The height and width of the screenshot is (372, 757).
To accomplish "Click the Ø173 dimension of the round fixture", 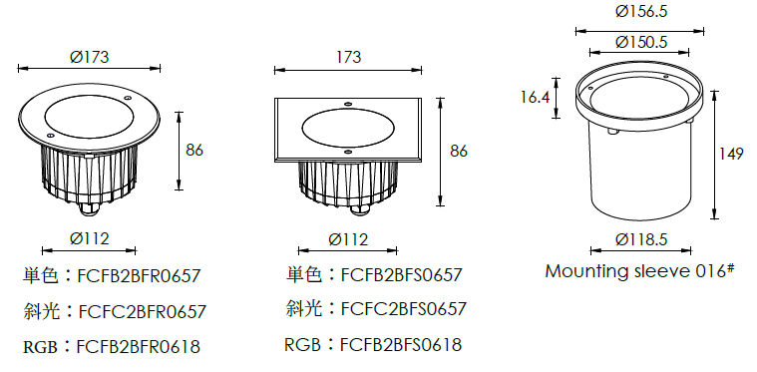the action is (x=90, y=57).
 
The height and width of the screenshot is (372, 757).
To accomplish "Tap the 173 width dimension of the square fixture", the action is (x=348, y=57).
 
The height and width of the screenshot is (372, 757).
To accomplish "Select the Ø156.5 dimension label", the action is (x=641, y=12).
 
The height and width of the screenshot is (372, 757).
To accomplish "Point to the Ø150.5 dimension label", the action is (x=641, y=43).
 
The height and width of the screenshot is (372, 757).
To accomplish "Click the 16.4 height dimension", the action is (x=536, y=98).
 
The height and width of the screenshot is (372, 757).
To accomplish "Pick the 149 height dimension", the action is (x=731, y=154).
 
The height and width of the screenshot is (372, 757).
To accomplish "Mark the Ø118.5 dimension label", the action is (x=641, y=238).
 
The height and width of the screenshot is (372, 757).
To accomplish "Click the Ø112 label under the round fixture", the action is (x=90, y=238).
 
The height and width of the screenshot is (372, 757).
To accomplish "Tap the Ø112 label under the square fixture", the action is (x=348, y=239).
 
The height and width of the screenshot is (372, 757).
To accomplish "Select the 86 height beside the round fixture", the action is (x=194, y=150).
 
